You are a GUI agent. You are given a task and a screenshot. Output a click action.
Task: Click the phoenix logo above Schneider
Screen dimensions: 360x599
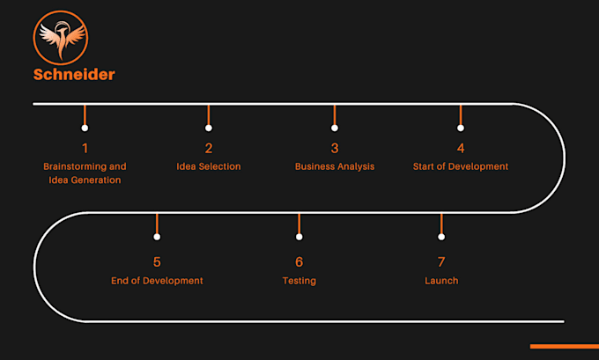[63, 36]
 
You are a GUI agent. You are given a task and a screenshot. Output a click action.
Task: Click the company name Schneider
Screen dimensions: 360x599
[74, 74]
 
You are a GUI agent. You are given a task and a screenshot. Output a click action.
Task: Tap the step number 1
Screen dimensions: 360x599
[85, 148]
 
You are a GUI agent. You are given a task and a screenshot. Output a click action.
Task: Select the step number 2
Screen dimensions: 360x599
[209, 148]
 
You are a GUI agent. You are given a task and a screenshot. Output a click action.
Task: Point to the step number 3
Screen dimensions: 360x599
[335, 148]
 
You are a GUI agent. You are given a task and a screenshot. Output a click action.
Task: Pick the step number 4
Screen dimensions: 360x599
[461, 148]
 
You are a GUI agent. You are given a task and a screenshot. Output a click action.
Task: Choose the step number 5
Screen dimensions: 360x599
[157, 261]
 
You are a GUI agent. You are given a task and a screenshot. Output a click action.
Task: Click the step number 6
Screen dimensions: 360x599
[299, 261]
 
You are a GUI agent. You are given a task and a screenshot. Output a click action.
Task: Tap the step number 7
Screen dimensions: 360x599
[441, 261]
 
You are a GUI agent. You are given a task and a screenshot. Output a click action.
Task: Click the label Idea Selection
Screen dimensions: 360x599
[209, 166]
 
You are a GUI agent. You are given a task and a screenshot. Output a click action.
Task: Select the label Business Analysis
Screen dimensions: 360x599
[335, 166]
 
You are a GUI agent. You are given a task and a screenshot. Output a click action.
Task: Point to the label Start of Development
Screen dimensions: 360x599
[461, 166]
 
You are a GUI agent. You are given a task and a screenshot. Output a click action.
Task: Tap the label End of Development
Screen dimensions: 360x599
[157, 281]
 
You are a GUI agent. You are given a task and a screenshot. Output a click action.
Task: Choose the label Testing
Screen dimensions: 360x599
[299, 281]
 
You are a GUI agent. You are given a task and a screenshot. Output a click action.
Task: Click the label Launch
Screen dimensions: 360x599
[441, 281]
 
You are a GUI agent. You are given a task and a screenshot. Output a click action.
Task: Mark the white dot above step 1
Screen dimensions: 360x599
[85, 128]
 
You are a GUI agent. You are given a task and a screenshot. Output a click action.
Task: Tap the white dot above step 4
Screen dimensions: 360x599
[461, 128]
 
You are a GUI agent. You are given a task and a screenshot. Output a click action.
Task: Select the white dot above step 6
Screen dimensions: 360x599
[299, 237]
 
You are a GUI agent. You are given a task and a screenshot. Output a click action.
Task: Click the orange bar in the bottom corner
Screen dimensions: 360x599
[564, 346]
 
